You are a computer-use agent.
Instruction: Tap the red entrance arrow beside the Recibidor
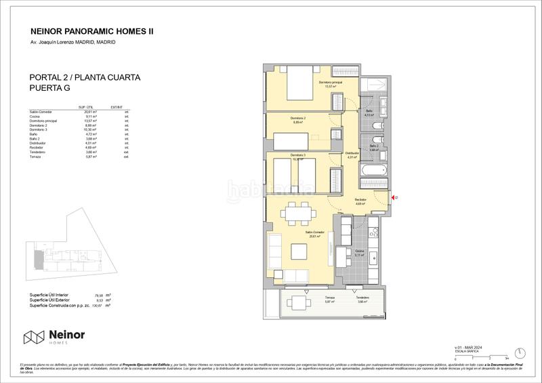396,198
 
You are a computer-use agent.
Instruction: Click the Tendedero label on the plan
362,299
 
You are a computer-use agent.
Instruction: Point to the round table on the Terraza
298,303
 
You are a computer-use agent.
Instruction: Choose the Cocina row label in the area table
36,116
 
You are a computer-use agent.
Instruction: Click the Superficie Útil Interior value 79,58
98,295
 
